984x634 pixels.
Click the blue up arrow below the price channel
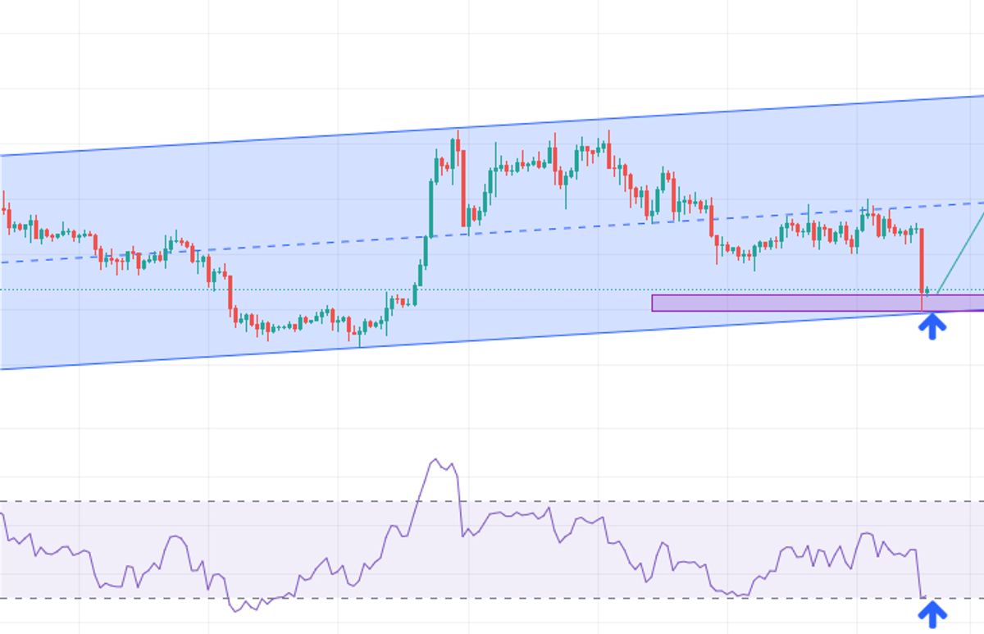pyautogui.click(x=932, y=326)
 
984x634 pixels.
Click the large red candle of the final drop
pyautogui.click(x=922, y=258)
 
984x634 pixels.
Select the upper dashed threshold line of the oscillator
pyautogui.click(x=246, y=501)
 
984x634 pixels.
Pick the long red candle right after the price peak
pyautogui.click(x=465, y=185)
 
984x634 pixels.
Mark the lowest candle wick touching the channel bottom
pyautogui.click(x=359, y=344)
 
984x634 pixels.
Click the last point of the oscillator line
pyautogui.click(x=925, y=597)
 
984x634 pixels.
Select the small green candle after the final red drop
pyautogui.click(x=927, y=291)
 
